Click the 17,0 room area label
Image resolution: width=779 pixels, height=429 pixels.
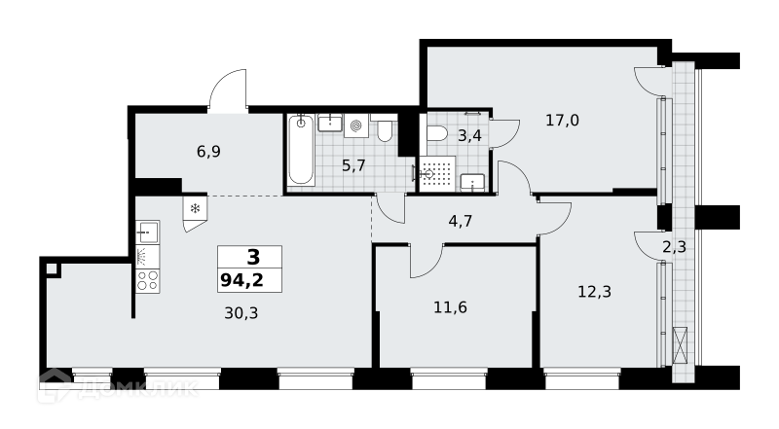[x=562, y=121]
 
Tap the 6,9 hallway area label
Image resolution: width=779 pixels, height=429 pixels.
[x=208, y=152]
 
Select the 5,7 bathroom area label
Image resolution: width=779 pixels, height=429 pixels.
[x=353, y=165]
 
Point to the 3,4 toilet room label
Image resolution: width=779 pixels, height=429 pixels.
[x=469, y=135]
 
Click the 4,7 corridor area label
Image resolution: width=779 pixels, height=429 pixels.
[x=460, y=221]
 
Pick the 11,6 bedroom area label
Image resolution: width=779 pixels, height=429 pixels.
[x=450, y=307]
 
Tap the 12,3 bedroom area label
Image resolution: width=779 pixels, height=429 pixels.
[x=594, y=292]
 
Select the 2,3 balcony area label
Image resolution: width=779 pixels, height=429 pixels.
[x=674, y=247]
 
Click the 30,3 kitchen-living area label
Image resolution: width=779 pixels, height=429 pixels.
[x=241, y=313]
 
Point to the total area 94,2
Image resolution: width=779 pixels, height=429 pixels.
[x=241, y=281]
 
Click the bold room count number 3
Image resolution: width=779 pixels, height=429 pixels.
[x=253, y=258]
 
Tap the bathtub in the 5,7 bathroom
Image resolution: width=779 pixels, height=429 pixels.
[x=301, y=150]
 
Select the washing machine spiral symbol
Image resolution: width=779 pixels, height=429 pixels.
[x=355, y=126]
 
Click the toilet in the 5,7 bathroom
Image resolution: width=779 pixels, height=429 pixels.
[x=385, y=128]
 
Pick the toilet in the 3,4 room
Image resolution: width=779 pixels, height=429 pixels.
[x=437, y=133]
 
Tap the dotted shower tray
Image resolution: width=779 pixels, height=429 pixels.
[x=437, y=174]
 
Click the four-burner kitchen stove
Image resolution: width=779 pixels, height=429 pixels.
[x=148, y=280]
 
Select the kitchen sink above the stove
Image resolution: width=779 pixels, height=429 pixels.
[x=148, y=232]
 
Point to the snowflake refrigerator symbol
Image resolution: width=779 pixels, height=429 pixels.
[x=196, y=208]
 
